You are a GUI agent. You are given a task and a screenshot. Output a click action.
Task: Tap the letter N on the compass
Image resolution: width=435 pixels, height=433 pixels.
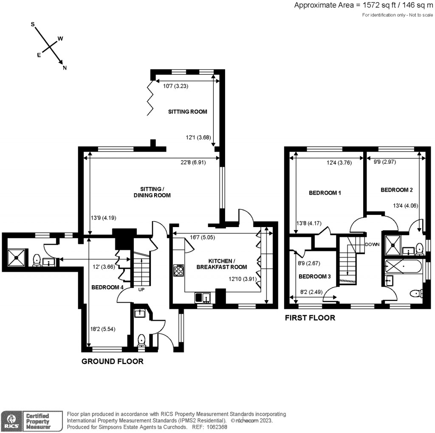pyautogui.click(x=65, y=67)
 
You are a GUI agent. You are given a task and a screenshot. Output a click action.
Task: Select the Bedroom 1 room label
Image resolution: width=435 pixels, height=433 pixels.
pyautogui.click(x=325, y=193)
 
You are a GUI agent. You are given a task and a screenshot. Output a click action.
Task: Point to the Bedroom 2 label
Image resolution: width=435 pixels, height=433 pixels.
pyautogui.click(x=396, y=190)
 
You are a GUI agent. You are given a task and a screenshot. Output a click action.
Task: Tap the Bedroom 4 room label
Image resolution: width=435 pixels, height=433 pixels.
pyautogui.click(x=107, y=287)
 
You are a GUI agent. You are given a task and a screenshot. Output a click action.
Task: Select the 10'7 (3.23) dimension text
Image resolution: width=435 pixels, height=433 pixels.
pyautogui.click(x=176, y=86)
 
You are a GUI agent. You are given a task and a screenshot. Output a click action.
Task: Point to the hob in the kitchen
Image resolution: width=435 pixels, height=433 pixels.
pyautogui.click(x=179, y=270)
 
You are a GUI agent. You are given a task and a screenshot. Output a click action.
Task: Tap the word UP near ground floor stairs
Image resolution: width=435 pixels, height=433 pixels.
pyautogui.click(x=141, y=290)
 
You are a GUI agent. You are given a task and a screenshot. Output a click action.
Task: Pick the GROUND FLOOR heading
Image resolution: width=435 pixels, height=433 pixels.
pyautogui.click(x=112, y=362)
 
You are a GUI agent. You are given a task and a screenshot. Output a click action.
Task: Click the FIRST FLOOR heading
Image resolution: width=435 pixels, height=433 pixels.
pyautogui.click(x=310, y=318)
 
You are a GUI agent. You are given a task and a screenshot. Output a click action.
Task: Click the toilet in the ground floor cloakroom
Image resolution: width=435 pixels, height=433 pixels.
pyautogui.click(x=141, y=340)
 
